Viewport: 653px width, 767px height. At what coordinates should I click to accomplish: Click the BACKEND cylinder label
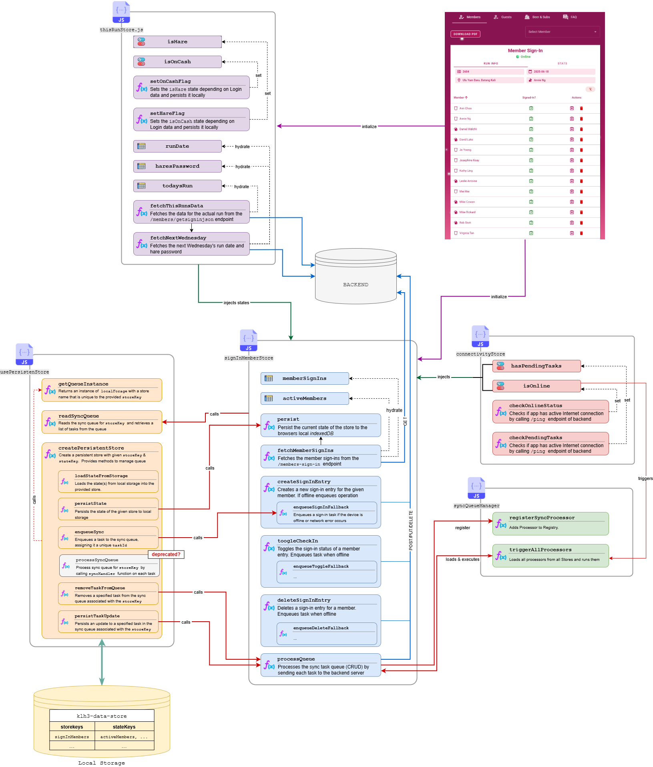pyautogui.click(x=356, y=285)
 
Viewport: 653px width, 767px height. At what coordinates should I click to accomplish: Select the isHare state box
pyautogui.click(x=177, y=42)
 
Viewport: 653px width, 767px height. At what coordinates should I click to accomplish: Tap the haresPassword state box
pyautogui.click(x=177, y=166)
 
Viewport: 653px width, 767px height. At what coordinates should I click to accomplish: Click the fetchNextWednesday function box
pyautogui.click(x=191, y=244)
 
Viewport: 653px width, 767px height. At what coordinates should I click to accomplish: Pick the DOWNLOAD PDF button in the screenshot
pyautogui.click(x=465, y=34)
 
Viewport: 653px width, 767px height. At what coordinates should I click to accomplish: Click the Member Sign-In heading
pyautogui.click(x=525, y=50)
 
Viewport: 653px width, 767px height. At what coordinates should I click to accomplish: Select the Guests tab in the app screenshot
pyautogui.click(x=503, y=17)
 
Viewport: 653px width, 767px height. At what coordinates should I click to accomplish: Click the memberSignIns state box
pyautogui.click(x=304, y=378)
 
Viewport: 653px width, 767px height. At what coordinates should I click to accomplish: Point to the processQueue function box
pyautogui.click(x=320, y=665)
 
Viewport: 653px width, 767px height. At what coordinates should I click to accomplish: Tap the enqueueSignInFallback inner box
pyautogui.click(x=327, y=513)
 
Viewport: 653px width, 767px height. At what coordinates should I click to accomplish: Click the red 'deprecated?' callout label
pyautogui.click(x=166, y=554)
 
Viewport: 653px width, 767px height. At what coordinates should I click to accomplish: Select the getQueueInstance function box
pyautogui.click(x=102, y=390)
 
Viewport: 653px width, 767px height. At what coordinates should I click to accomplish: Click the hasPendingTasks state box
pyautogui.click(x=536, y=366)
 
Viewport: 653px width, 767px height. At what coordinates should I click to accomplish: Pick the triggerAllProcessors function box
pyautogui.click(x=550, y=556)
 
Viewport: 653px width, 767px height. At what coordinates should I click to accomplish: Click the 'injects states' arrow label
pyautogui.click(x=236, y=303)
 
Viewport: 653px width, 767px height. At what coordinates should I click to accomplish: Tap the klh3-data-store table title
pyautogui.click(x=102, y=716)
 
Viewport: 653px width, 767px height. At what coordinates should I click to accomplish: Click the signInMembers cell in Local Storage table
pyautogui.click(x=72, y=737)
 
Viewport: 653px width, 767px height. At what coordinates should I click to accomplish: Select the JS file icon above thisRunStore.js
pyautogui.click(x=121, y=12)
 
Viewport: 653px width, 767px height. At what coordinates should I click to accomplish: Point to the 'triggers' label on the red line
pyautogui.click(x=645, y=478)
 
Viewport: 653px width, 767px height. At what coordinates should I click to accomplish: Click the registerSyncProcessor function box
pyautogui.click(x=550, y=524)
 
